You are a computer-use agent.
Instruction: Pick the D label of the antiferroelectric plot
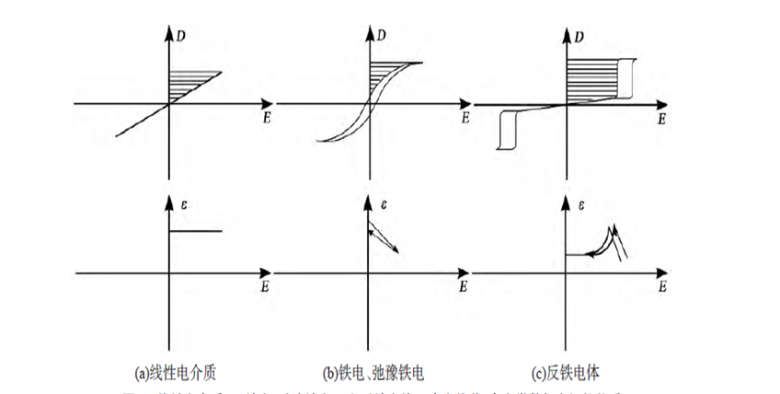click(x=579, y=36)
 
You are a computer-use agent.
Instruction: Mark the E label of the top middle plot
click(x=465, y=119)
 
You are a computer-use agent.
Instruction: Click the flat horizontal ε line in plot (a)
click(x=196, y=231)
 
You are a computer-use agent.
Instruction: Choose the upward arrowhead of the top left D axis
click(x=170, y=29)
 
